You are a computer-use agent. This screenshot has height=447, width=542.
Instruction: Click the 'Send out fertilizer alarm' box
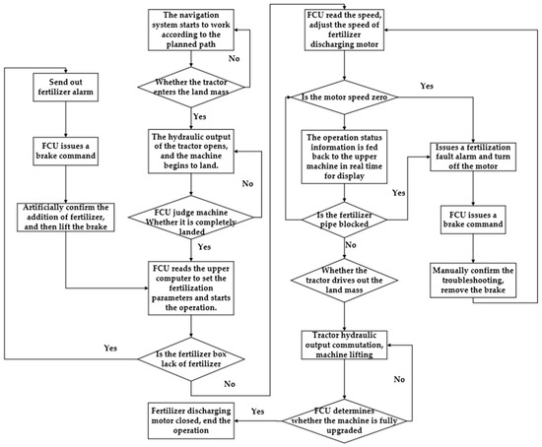click(x=64, y=87)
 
